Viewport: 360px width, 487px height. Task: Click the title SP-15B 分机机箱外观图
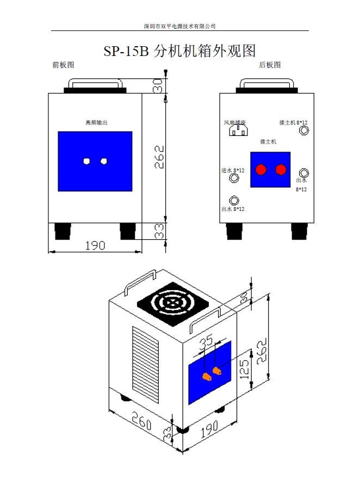(179, 51)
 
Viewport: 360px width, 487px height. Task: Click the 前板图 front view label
(63, 65)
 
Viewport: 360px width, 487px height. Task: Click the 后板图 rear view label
(270, 65)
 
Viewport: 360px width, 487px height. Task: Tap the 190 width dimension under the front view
(95, 245)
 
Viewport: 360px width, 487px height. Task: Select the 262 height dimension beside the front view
(159, 157)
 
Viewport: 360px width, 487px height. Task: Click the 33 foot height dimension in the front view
(159, 232)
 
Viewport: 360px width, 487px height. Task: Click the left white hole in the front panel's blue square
(86, 161)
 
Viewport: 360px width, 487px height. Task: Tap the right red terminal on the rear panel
(281, 170)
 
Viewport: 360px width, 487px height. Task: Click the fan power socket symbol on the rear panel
(238, 129)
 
